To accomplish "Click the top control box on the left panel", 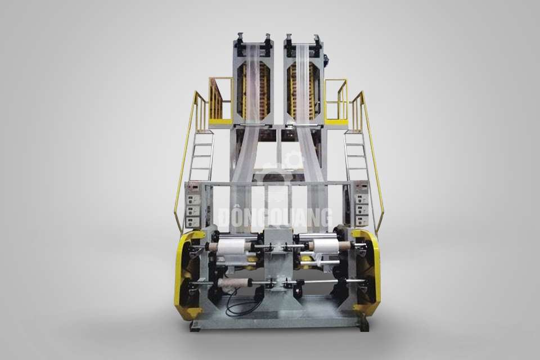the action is point(191,200).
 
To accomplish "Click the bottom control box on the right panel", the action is point(362,219).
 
